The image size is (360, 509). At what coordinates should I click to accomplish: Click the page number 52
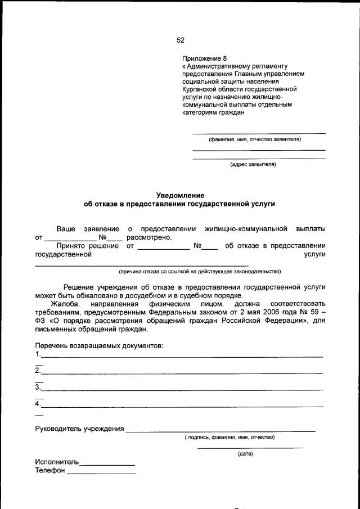tap(180, 40)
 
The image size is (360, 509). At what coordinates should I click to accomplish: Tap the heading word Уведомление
tap(179, 195)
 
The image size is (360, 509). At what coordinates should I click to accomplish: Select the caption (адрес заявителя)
tap(253, 165)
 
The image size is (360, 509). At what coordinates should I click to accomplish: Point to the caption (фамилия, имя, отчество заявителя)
tap(255, 139)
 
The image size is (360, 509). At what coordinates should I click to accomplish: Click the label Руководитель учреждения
tap(79, 429)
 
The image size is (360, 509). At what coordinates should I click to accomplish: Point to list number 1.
tap(37, 354)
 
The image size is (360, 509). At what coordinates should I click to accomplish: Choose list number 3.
tap(37, 387)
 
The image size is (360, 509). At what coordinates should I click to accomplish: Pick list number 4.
tap(37, 404)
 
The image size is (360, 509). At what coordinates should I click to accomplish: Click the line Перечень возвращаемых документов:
tap(99, 345)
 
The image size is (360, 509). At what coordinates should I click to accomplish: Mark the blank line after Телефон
tap(101, 473)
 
